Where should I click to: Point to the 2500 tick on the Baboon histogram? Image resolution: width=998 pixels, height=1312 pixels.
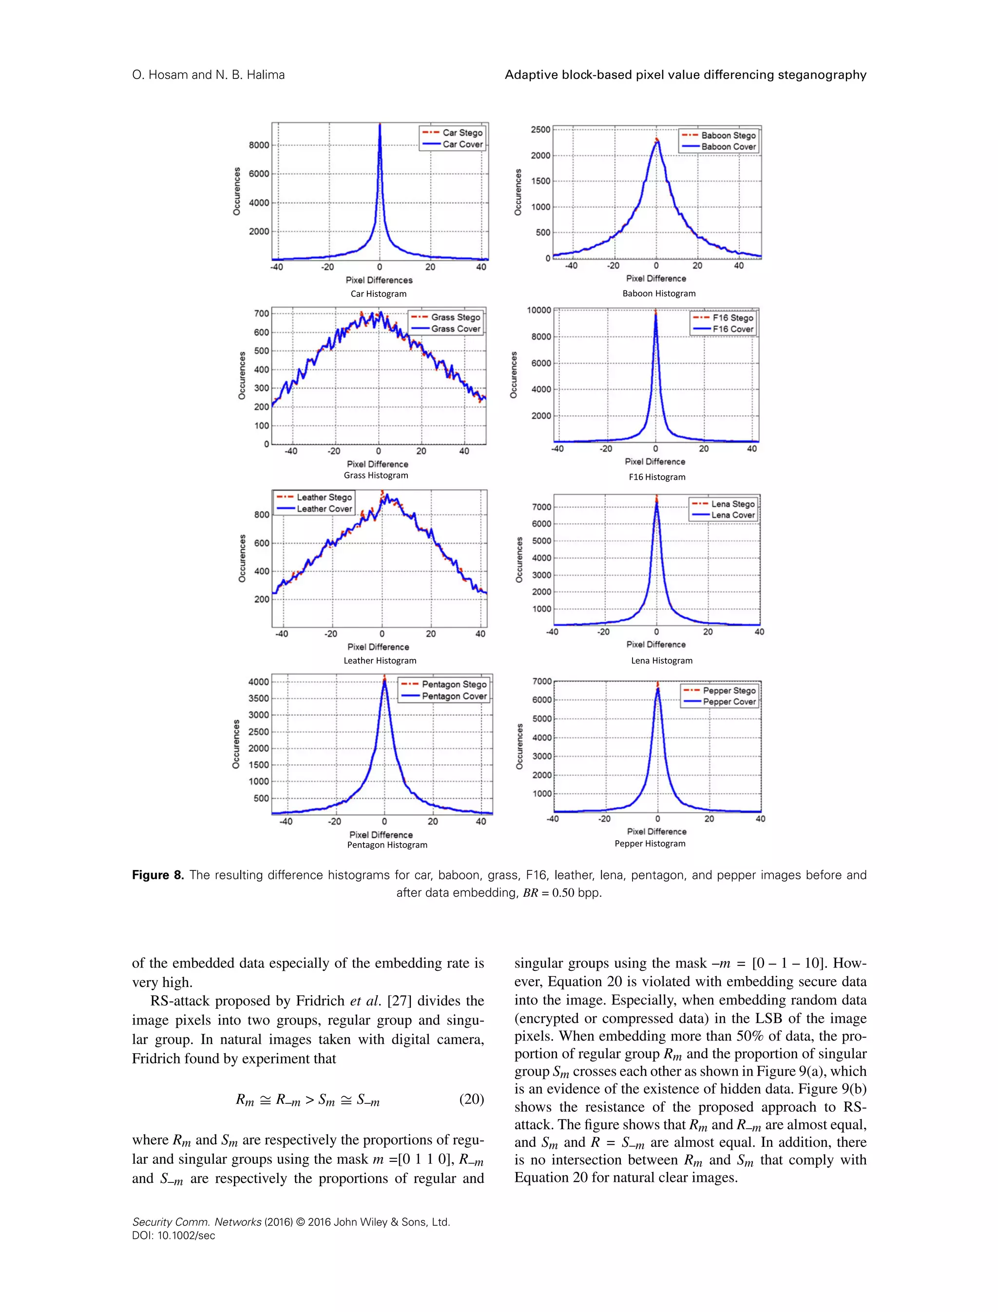[540, 130]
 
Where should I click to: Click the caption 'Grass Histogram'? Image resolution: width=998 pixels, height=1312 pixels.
[376, 475]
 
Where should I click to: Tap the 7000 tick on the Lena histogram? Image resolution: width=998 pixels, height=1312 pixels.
[542, 507]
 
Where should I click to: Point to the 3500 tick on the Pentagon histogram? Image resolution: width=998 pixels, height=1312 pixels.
[258, 698]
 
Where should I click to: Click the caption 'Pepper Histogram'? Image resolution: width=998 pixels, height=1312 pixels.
[650, 844]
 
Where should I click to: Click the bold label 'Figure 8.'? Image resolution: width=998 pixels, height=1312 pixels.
[158, 875]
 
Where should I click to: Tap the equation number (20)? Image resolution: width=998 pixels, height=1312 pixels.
[472, 1100]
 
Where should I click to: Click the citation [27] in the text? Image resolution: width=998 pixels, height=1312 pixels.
[399, 1001]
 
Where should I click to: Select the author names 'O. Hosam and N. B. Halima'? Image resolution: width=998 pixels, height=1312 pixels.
[209, 75]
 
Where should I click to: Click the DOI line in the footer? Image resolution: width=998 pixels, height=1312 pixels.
[173, 1236]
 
